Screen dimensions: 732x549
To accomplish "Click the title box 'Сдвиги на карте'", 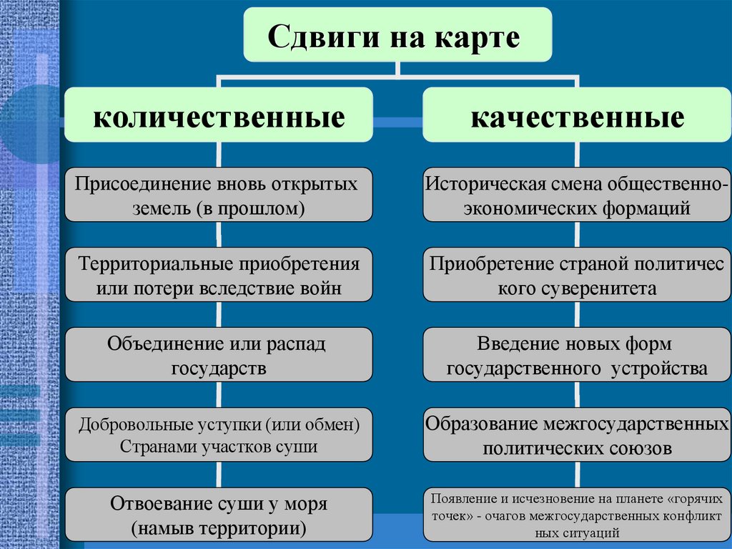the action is click(x=398, y=35).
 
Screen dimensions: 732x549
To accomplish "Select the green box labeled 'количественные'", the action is click(x=219, y=115).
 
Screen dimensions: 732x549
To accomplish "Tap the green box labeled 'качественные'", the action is click(x=577, y=115).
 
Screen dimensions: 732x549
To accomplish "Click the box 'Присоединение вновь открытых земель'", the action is click(x=219, y=195).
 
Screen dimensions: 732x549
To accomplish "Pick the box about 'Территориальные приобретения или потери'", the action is click(x=219, y=275).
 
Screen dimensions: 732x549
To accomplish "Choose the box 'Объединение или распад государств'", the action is click(x=219, y=355).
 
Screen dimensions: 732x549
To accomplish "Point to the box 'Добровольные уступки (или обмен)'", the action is click(x=219, y=435).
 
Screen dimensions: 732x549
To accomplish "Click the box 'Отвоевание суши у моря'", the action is click(x=219, y=515).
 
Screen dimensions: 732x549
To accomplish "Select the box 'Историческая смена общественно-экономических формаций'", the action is click(x=577, y=195).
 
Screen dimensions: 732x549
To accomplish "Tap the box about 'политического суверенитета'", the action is click(x=577, y=275).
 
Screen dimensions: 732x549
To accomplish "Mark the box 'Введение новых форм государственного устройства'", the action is click(x=577, y=355).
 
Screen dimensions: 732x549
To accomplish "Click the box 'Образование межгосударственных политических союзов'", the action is click(x=577, y=435).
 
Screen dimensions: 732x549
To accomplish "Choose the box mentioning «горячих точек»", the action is click(x=577, y=515).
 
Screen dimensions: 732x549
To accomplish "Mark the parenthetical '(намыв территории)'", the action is click(x=219, y=529).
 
